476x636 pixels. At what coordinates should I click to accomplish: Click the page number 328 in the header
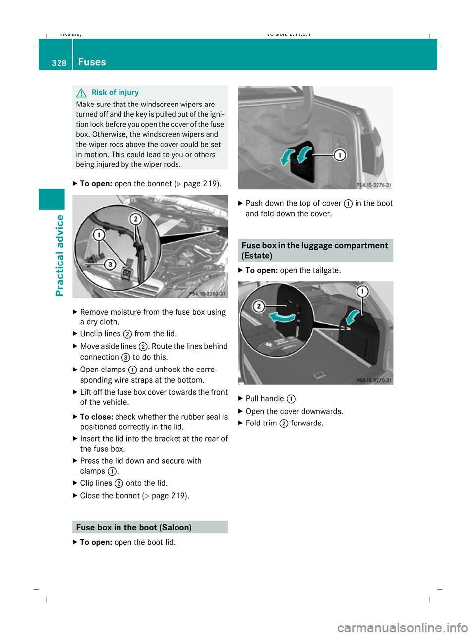coord(59,63)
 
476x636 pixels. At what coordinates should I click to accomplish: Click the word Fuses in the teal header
coord(92,62)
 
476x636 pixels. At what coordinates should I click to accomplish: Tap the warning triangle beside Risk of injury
coord(82,93)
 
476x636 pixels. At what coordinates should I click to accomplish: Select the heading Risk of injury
coord(115,92)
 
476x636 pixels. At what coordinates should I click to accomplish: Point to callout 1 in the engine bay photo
coord(99,234)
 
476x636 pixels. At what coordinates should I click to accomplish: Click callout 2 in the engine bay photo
coord(135,219)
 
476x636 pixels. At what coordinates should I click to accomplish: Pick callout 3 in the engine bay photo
coord(110,265)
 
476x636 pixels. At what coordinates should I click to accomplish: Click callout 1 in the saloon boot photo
coord(340,155)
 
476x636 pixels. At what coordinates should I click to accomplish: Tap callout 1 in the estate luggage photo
coord(363,291)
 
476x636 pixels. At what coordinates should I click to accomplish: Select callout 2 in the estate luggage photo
coord(258,306)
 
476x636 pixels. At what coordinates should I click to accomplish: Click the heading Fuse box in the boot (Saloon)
coord(134,527)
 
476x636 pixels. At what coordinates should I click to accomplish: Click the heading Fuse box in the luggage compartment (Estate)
coord(315,250)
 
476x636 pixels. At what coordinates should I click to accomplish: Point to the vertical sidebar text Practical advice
coord(60,255)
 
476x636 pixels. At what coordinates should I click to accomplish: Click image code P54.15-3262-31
coord(207,294)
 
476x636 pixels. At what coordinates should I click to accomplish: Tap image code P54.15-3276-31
coord(373,185)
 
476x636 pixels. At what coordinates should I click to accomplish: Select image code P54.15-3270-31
coord(373,380)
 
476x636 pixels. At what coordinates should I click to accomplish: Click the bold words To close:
coord(97,417)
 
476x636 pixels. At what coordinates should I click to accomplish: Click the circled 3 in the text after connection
coord(126,357)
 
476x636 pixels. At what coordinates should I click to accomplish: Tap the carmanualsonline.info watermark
coord(402,628)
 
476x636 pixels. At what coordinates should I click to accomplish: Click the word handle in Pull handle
coord(274,399)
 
